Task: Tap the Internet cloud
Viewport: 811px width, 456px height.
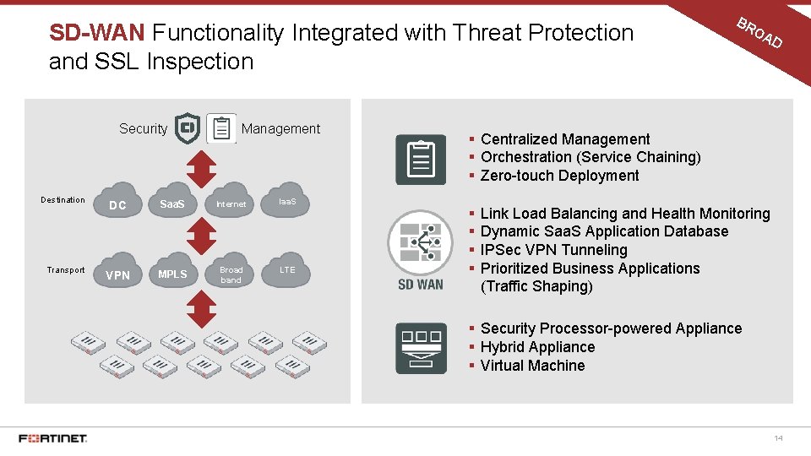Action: click(x=231, y=204)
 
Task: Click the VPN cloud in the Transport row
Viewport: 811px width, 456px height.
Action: click(x=118, y=274)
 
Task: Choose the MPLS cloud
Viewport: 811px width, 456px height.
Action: click(x=173, y=274)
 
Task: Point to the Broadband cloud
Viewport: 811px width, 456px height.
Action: click(x=231, y=274)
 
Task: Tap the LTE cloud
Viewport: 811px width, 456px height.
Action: click(x=288, y=270)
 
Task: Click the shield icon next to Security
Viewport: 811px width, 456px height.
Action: click(x=187, y=128)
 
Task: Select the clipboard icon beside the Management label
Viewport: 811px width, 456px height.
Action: click(x=221, y=128)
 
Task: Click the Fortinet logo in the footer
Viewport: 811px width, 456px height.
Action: click(x=53, y=438)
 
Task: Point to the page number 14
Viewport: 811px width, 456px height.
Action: click(x=778, y=438)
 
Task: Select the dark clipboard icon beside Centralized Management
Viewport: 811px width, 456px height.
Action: click(x=421, y=160)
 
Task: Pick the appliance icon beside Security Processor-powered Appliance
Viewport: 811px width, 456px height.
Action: click(x=421, y=347)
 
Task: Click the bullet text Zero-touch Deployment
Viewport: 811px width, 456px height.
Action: click(x=559, y=176)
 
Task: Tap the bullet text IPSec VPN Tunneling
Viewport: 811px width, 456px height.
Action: click(x=553, y=250)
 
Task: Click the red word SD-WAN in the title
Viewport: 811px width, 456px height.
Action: click(x=98, y=33)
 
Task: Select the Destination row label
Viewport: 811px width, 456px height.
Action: click(x=63, y=200)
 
